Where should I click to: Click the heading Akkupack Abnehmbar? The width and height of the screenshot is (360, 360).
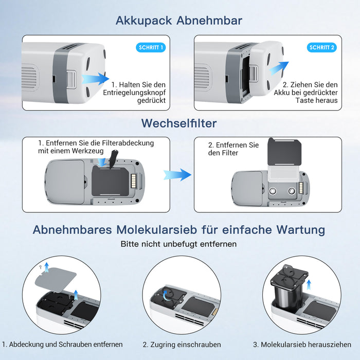(179, 21)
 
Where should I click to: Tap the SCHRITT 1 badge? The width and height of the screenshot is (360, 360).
(151, 48)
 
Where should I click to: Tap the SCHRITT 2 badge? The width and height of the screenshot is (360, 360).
(322, 48)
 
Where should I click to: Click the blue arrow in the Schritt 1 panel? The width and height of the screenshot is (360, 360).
(96, 79)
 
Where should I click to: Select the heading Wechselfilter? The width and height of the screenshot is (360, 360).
(179, 123)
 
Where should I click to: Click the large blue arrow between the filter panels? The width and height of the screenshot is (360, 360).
(177, 175)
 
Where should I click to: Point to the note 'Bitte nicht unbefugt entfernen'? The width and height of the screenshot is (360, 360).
(179, 244)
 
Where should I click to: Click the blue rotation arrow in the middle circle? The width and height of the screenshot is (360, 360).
(166, 294)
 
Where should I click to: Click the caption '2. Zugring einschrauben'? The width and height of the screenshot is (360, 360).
(182, 344)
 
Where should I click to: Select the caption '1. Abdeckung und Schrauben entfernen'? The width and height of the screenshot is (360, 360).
(62, 344)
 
